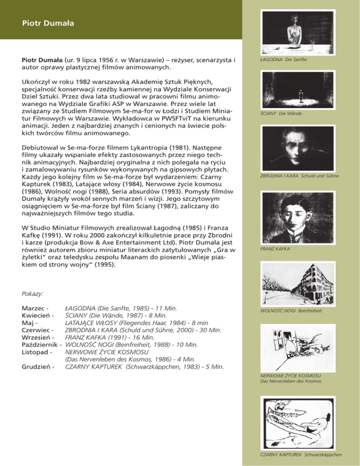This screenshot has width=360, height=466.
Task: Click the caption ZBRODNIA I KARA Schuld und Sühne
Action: pos(299,176)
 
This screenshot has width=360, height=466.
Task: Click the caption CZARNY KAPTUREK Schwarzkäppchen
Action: pos(301,454)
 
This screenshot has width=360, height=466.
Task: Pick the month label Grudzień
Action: pos(36,366)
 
